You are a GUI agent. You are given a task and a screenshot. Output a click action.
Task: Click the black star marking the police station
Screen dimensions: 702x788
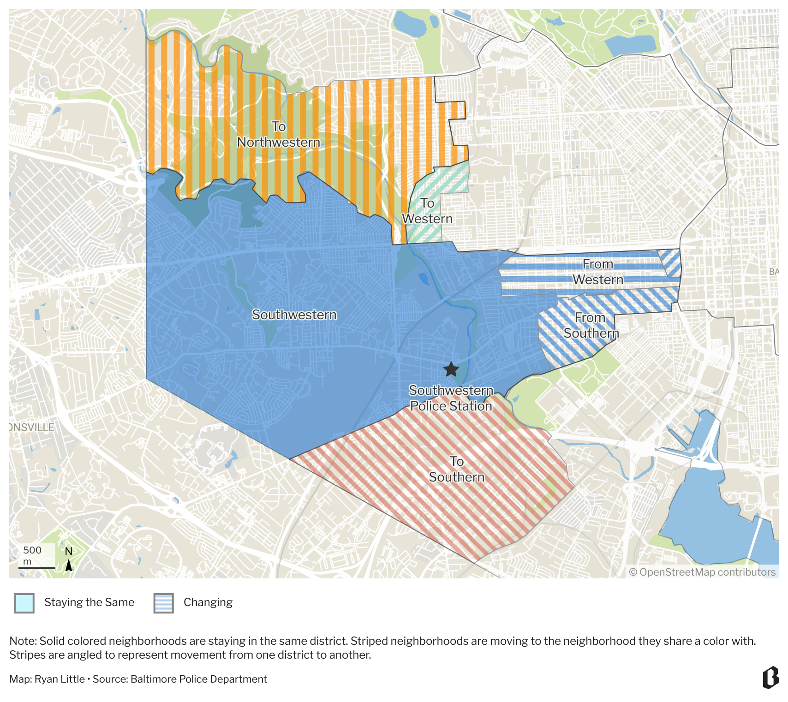451,369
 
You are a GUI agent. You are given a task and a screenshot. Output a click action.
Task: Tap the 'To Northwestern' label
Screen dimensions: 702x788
278,134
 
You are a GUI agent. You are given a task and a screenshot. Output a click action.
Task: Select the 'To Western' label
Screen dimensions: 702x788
427,211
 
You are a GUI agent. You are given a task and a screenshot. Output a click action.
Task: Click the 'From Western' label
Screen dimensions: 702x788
598,272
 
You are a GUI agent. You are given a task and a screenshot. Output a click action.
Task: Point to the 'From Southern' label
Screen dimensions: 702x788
591,325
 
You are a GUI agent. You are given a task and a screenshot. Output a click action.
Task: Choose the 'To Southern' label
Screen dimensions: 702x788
457,469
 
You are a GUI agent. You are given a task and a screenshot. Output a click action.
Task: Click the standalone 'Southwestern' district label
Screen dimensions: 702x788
294,315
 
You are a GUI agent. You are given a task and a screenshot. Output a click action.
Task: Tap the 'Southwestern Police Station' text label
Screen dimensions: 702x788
451,398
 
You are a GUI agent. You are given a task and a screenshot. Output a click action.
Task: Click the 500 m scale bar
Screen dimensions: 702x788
37,567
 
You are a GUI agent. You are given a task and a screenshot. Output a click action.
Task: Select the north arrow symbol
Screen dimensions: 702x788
69,564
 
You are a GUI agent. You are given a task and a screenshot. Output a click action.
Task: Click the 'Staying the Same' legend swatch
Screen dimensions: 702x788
24,603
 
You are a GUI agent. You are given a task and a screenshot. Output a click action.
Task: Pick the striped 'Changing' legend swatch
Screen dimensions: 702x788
164,603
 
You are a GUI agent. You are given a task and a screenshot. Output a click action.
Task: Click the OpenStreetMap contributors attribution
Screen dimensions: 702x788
702,572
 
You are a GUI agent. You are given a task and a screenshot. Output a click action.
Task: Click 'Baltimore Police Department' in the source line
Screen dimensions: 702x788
198,679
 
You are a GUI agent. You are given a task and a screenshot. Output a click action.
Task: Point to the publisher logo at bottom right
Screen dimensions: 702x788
770,678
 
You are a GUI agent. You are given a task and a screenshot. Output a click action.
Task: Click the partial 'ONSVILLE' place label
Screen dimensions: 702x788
31,427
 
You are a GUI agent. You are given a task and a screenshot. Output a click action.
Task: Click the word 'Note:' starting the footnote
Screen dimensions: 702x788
23,641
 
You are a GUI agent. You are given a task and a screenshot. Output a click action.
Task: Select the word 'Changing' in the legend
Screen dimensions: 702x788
208,602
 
